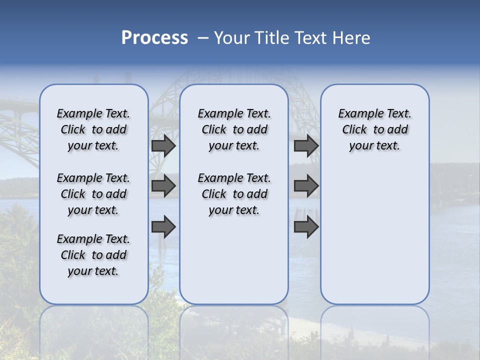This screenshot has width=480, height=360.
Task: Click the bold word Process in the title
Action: pyautogui.click(x=154, y=38)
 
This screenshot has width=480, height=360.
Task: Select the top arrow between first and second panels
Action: pyautogui.click(x=163, y=146)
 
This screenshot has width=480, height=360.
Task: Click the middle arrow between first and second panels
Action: pyautogui.click(x=163, y=186)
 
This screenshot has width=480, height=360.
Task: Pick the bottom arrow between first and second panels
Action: pyautogui.click(x=163, y=227)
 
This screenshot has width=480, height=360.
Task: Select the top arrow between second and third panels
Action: pyautogui.click(x=306, y=146)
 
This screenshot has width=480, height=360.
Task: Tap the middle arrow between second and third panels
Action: pyautogui.click(x=306, y=186)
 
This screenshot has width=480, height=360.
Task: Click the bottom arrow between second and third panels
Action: pyautogui.click(x=306, y=227)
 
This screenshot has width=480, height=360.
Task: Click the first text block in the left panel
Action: pyautogui.click(x=93, y=129)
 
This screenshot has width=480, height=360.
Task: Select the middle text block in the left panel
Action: pyautogui.click(x=93, y=194)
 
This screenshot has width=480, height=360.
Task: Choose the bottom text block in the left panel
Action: pyautogui.click(x=93, y=255)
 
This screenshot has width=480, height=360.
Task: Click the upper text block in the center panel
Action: pyautogui.click(x=234, y=129)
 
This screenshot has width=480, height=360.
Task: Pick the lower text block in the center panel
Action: pyautogui.click(x=234, y=194)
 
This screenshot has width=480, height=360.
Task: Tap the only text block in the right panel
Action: pyautogui.click(x=374, y=129)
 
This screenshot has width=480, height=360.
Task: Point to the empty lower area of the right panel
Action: pyautogui.click(x=374, y=235)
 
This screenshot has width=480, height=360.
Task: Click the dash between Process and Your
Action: pyautogui.click(x=203, y=38)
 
